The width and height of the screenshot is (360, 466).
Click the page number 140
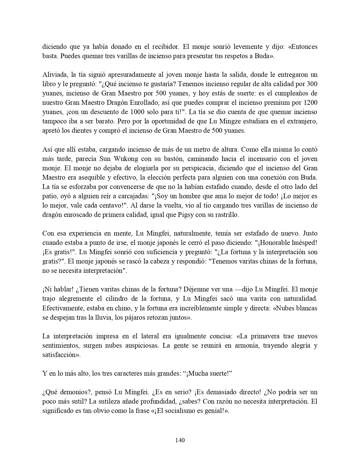tap(180, 440)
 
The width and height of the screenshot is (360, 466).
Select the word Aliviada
tap(54, 75)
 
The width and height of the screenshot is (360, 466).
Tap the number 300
tap(312, 84)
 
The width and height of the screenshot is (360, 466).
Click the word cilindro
tap(114, 299)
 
